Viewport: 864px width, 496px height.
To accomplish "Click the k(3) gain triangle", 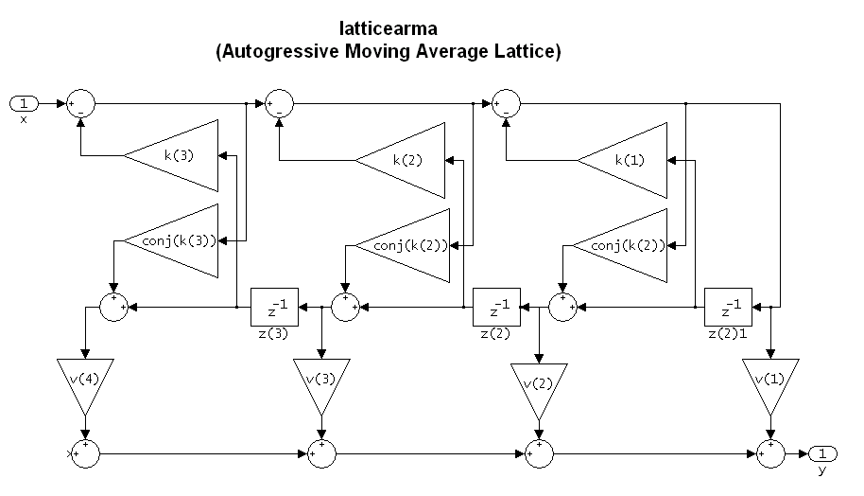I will (180, 154).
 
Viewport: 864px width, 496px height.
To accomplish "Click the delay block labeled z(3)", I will (273, 307).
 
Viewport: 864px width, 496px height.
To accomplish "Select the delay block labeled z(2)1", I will (728, 307).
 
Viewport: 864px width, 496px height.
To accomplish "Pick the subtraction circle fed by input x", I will (80, 102).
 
